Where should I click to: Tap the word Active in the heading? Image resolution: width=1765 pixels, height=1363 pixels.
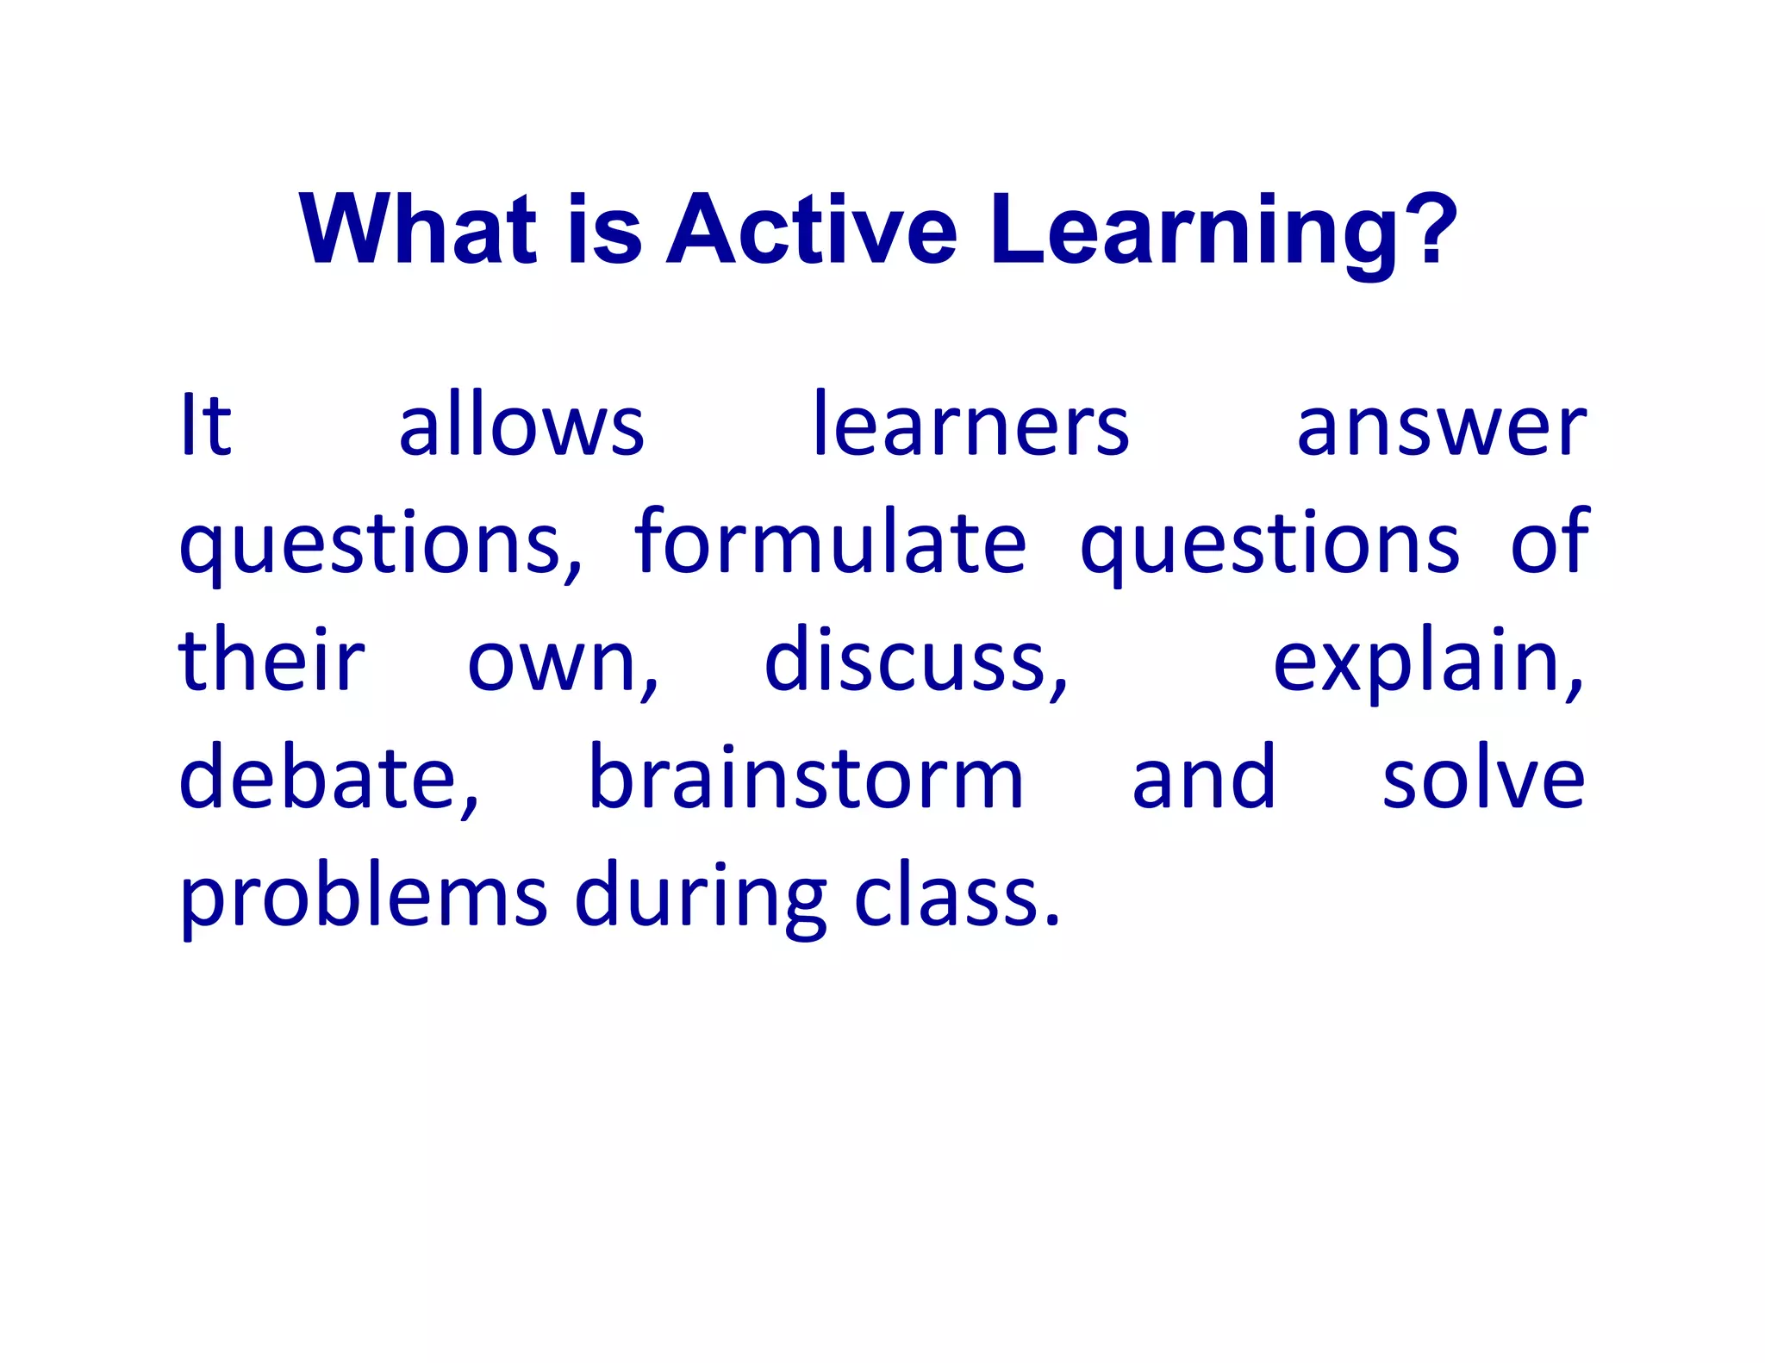pos(812,229)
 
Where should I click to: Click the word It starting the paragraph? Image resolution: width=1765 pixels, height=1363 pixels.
pos(205,426)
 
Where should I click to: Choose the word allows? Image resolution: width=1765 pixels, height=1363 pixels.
pos(521,426)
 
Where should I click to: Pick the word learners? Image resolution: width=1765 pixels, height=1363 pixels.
pos(970,426)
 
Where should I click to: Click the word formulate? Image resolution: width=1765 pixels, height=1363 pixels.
pos(830,543)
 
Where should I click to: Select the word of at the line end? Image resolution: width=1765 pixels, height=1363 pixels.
pos(1549,543)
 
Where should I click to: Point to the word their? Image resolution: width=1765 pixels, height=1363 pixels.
pos(271,660)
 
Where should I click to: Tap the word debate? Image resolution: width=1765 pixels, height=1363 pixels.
pos(327,779)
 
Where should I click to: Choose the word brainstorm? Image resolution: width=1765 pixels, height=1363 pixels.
pos(806,779)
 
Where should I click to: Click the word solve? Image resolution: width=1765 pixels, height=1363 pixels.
pos(1482,779)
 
